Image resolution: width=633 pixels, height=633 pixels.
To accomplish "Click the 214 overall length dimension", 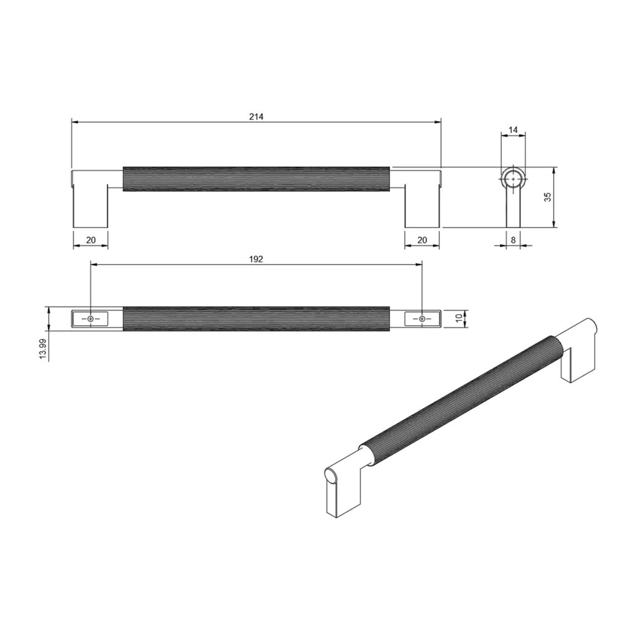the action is tap(256, 117).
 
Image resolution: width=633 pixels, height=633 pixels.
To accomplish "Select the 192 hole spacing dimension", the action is tap(256, 259).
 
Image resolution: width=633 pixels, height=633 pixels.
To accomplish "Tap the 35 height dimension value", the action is tap(548, 197).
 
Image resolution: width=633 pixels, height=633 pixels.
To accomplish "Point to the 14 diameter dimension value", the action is tap(512, 130).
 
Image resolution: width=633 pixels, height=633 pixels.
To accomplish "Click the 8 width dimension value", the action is tap(513, 240).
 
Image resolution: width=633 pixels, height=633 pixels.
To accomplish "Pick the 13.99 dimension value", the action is tap(44, 349).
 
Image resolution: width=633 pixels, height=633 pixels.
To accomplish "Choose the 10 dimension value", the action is tap(458, 318).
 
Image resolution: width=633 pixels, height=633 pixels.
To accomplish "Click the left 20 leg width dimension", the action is tap(91, 240).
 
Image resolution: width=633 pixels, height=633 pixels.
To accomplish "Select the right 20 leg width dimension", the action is tap(422, 240).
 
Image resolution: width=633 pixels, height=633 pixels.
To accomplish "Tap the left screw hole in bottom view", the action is tap(90, 319).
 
